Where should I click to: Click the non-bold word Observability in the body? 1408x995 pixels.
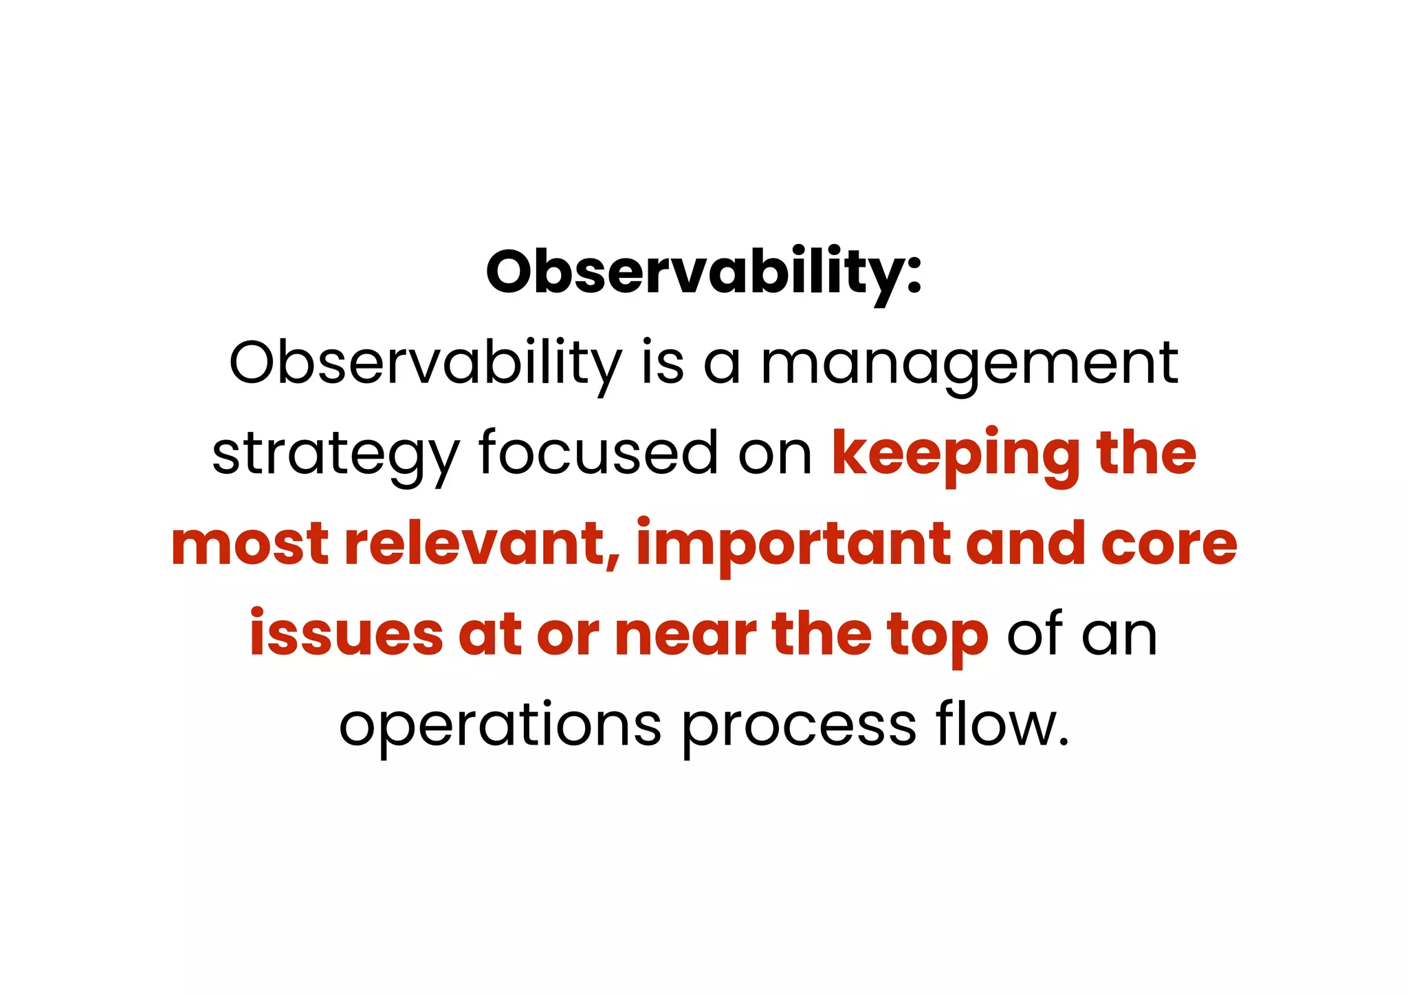pyautogui.click(x=425, y=364)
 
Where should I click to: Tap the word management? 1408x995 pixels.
pyautogui.click(x=969, y=364)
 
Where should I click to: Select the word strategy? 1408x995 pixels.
pyautogui.click(x=335, y=454)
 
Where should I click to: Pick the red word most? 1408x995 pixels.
pyautogui.click(x=250, y=545)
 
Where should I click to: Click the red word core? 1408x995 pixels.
pyautogui.click(x=1169, y=545)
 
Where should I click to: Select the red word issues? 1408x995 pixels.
pyautogui.click(x=346, y=635)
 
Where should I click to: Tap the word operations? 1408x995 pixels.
pyautogui.click(x=500, y=725)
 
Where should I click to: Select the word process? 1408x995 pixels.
pyautogui.click(x=799, y=725)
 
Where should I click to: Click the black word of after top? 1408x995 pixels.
pyautogui.click(x=1035, y=635)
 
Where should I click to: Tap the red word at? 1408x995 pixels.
pyautogui.click(x=489, y=635)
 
